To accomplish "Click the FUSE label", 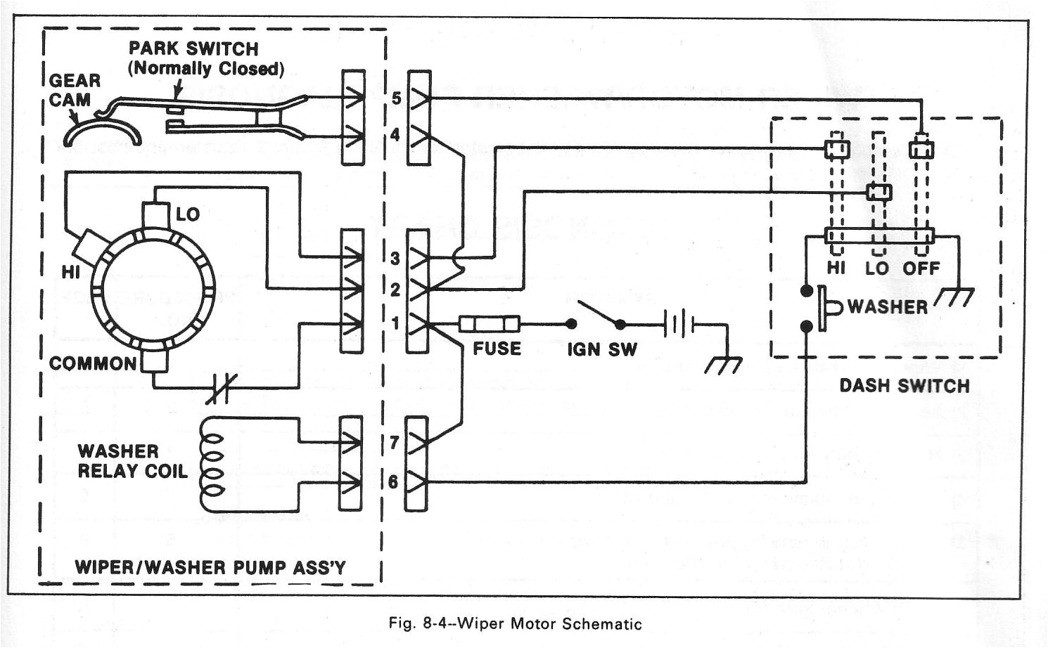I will [497, 349].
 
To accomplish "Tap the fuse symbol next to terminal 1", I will [490, 324].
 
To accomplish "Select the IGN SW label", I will [602, 349].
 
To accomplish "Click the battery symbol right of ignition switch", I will [678, 325].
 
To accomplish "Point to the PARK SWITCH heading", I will [193, 48].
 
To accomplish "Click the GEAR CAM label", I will [74, 90].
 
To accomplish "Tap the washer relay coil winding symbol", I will [212, 464].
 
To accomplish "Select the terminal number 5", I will [396, 98].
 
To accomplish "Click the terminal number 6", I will [392, 482].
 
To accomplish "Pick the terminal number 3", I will [395, 259].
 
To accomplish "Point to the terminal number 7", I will [394, 443].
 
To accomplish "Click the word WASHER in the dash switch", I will [887, 307].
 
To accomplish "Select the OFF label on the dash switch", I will [921, 268].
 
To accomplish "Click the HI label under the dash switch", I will [836, 268].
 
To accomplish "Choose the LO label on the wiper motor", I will [187, 214].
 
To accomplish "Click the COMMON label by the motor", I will [93, 363].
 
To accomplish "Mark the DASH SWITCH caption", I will [904, 386].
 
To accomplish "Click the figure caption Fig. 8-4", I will [514, 624].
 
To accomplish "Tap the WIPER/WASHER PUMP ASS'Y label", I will [210, 567].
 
